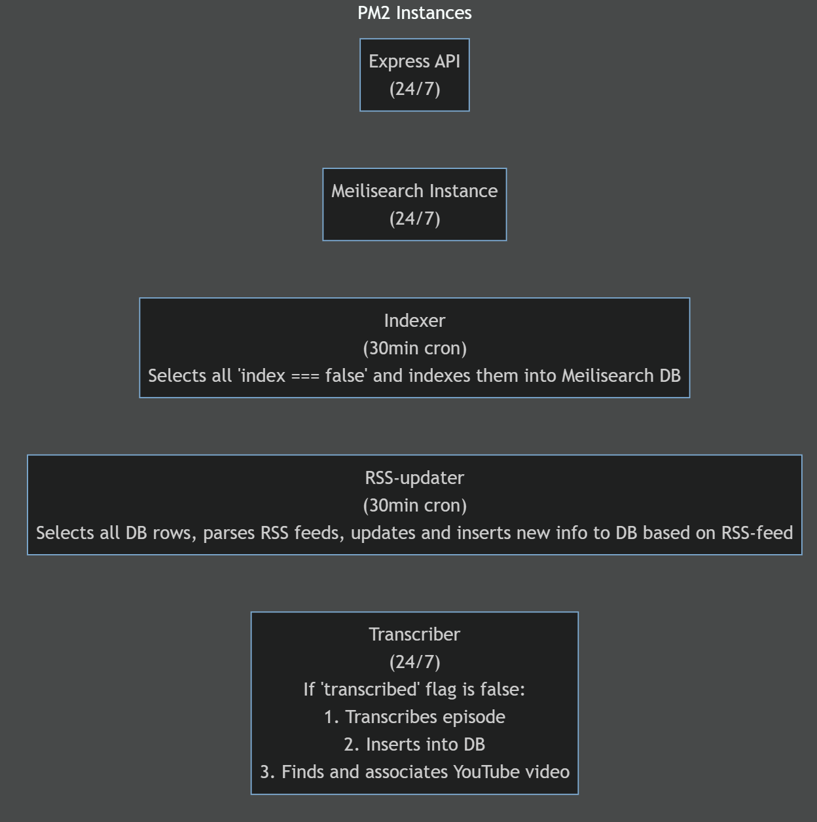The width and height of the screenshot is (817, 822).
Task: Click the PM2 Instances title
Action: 414,13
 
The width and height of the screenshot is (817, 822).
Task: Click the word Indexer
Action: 414,321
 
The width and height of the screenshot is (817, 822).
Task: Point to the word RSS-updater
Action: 414,478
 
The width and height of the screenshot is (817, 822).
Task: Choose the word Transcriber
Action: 414,635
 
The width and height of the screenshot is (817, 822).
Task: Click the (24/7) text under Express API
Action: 414,89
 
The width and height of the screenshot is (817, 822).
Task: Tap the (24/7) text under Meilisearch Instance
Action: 414,219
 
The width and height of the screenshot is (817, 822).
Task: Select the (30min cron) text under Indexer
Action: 414,348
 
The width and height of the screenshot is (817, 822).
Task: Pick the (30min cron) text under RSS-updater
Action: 414,506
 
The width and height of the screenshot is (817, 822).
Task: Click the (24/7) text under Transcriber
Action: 414,662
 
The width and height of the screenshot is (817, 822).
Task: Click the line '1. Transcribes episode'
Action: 414,717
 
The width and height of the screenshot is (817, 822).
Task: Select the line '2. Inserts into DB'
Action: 414,745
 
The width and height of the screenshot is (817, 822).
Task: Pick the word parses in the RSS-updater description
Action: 229,533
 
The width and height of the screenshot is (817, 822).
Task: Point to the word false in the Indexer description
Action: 344,376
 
